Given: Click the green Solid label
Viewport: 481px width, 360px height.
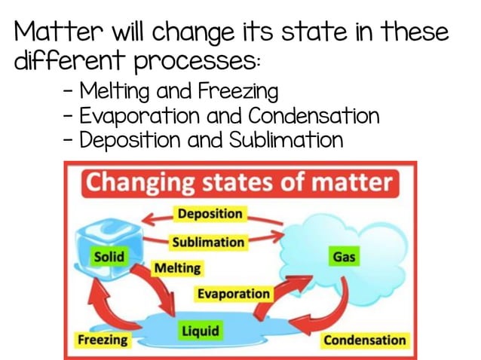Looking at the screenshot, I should [109, 257].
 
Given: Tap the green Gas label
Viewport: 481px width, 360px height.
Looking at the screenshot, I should [344, 257].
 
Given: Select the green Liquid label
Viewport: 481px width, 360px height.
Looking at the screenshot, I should [200, 330].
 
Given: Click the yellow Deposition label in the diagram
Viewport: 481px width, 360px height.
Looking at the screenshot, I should [210, 214].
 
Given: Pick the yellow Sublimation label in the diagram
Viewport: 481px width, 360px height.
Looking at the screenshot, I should [208, 243].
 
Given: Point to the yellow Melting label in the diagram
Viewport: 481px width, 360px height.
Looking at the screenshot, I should [177, 268].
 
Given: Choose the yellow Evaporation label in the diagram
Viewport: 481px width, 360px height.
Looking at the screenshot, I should [233, 294].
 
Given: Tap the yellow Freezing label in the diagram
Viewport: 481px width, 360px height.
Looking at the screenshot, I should [102, 340].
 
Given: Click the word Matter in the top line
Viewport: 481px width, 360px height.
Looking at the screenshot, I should [56, 32].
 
